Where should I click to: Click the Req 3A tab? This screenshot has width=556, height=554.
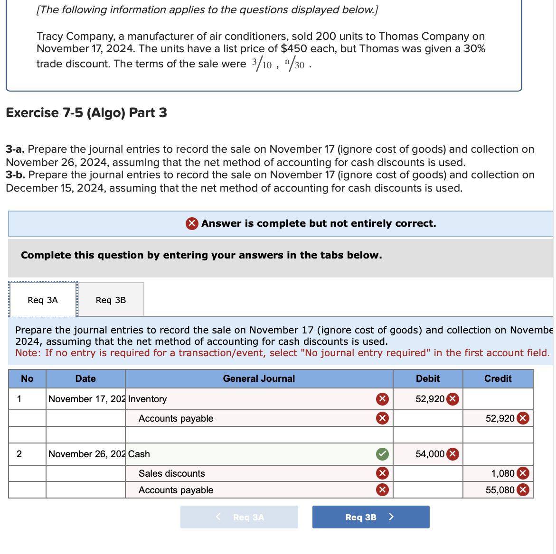43,300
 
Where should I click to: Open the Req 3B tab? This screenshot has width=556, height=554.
111,300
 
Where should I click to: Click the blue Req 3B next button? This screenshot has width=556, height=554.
370,517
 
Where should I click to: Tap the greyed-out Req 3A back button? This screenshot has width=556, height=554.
239,517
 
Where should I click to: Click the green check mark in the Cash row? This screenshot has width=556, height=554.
382,454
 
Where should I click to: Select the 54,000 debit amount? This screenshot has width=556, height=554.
430,454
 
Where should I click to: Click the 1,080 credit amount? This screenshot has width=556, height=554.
502,473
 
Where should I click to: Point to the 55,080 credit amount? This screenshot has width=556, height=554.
499,490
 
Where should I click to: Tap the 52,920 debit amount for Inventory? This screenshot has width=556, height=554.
430,399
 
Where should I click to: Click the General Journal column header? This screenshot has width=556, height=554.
259,379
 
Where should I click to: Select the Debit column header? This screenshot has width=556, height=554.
427,379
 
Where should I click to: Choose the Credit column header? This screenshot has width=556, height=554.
498,379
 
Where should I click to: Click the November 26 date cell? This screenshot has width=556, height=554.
85,454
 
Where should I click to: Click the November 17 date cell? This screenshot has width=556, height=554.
85,399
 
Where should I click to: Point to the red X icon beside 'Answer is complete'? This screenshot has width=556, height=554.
192,223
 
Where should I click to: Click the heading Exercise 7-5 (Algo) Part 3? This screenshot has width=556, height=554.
86,113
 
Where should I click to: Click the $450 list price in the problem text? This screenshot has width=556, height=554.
293,48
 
